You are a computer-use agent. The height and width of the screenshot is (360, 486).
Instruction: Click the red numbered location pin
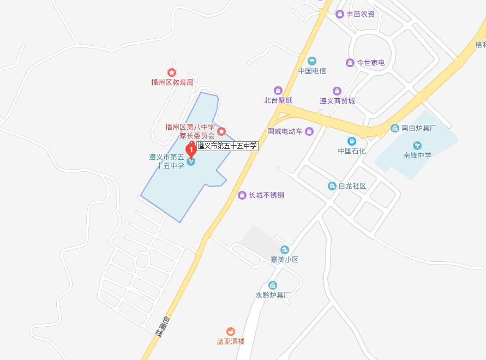point(191,149)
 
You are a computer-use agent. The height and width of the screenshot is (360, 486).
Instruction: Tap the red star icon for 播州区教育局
point(171,73)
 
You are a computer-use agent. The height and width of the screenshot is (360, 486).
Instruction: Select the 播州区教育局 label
point(172,82)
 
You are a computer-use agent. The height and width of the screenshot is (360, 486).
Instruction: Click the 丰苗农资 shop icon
point(340,14)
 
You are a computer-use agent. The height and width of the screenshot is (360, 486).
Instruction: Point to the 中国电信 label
point(312,71)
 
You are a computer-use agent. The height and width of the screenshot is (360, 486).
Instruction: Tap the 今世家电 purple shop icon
point(350,63)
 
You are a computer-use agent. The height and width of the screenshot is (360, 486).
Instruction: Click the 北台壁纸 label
point(278,100)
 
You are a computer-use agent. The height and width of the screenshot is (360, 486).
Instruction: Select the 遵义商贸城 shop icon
point(337,91)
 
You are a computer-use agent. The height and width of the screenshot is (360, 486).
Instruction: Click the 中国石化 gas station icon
point(352,141)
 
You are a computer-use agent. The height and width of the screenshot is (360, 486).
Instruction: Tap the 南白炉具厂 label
point(419,129)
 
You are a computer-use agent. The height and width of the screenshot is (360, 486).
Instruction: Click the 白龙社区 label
point(352,186)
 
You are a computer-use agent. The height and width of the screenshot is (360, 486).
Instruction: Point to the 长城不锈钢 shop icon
point(242,195)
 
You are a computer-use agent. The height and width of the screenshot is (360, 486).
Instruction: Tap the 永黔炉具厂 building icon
point(273,285)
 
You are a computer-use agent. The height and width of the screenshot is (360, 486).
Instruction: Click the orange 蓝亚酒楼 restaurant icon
point(231,331)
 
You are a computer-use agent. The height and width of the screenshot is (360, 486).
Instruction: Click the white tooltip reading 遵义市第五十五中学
point(226,146)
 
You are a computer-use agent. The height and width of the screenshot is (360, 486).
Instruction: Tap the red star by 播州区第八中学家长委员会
point(221,131)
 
